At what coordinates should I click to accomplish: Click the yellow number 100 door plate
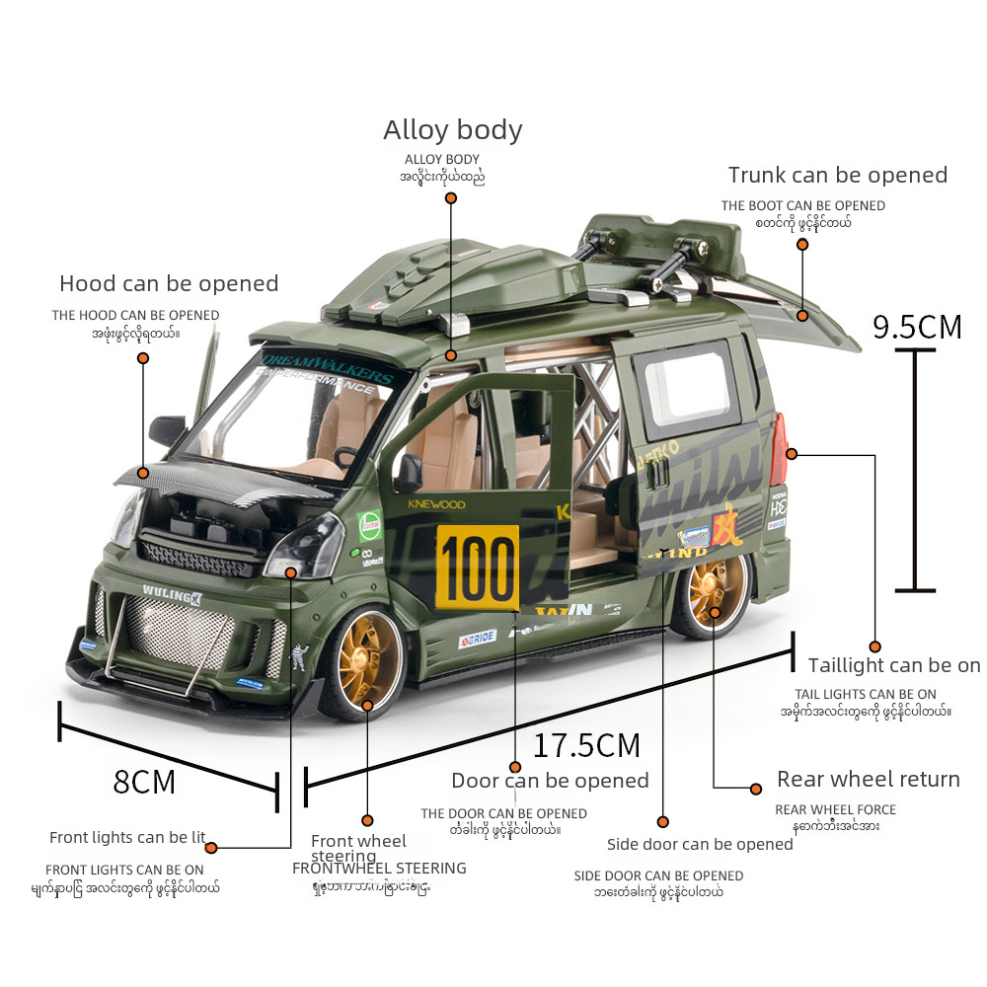pyautogui.click(x=477, y=568)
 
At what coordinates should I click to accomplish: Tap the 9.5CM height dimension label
pyautogui.click(x=917, y=326)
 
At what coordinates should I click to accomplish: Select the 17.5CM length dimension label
pyautogui.click(x=586, y=745)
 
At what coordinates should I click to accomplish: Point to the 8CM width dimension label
pyautogui.click(x=144, y=782)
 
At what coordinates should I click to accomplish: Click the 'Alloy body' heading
pyautogui.click(x=453, y=130)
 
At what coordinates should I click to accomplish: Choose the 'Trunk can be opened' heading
pyautogui.click(x=837, y=176)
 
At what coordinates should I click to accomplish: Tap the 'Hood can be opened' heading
pyautogui.click(x=169, y=284)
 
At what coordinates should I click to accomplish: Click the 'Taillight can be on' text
pyautogui.click(x=894, y=665)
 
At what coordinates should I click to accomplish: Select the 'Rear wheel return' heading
pyautogui.click(x=868, y=780)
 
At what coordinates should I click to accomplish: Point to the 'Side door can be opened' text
pyautogui.click(x=700, y=844)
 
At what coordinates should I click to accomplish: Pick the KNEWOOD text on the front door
pyautogui.click(x=435, y=503)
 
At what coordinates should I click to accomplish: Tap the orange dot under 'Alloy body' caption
pyautogui.click(x=451, y=197)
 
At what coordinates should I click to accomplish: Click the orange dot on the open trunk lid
pyautogui.click(x=802, y=316)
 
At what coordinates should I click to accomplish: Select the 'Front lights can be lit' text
pyautogui.click(x=127, y=838)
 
